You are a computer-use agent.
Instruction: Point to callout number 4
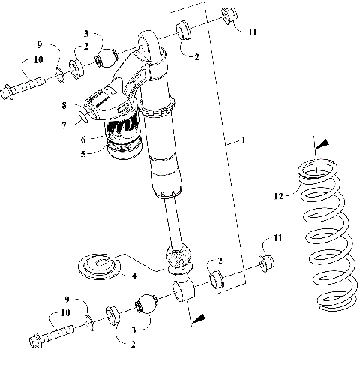(133, 276)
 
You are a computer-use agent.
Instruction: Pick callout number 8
(64, 106)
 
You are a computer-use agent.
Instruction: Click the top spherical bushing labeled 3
(110, 57)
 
